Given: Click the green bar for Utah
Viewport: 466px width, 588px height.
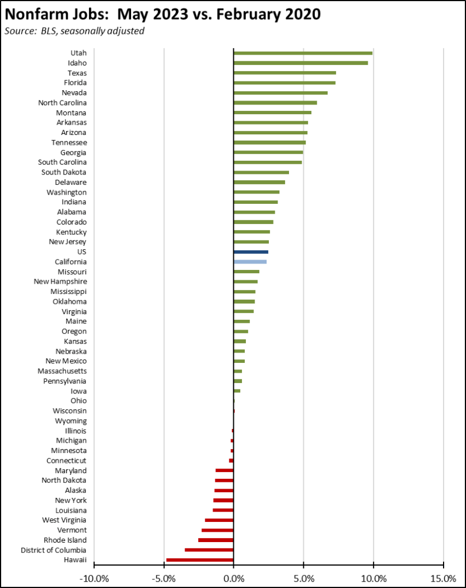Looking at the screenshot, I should pos(303,53).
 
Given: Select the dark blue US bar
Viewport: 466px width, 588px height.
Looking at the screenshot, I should pos(251,252).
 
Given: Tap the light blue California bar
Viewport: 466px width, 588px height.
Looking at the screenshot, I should pos(250,262).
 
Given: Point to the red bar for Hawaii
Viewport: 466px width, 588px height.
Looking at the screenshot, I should pos(200,559).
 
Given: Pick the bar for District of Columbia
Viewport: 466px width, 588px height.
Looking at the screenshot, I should pos(209,550).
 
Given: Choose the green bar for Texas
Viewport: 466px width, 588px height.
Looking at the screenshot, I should pos(284,73).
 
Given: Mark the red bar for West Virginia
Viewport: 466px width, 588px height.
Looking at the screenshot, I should pos(219,520).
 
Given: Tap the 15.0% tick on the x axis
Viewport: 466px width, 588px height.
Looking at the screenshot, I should pos(443,576).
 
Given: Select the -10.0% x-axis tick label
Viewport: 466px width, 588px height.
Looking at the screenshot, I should pos(93,576).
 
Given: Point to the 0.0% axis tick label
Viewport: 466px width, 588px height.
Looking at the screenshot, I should pos(234,576).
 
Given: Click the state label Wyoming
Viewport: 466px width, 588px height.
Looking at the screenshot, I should pos(71,421).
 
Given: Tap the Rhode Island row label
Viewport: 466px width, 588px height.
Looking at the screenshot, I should pos(65,540).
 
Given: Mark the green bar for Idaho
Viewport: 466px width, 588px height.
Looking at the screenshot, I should pos(301,63).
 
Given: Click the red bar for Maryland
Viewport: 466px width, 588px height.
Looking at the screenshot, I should pos(225,470).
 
